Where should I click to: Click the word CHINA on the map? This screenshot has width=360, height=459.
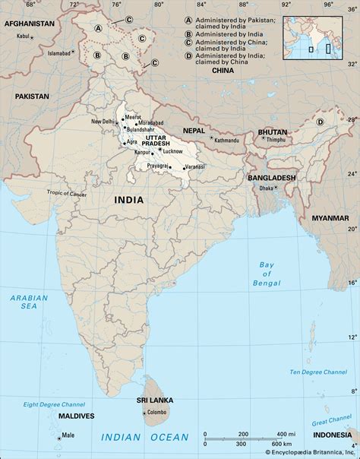coord(223,70)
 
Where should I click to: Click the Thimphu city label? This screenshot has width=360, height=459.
coord(276,141)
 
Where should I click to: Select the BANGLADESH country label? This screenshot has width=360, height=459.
coord(271,177)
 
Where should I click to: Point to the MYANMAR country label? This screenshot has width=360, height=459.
coord(330,218)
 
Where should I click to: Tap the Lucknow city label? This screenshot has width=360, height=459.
coord(171,152)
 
